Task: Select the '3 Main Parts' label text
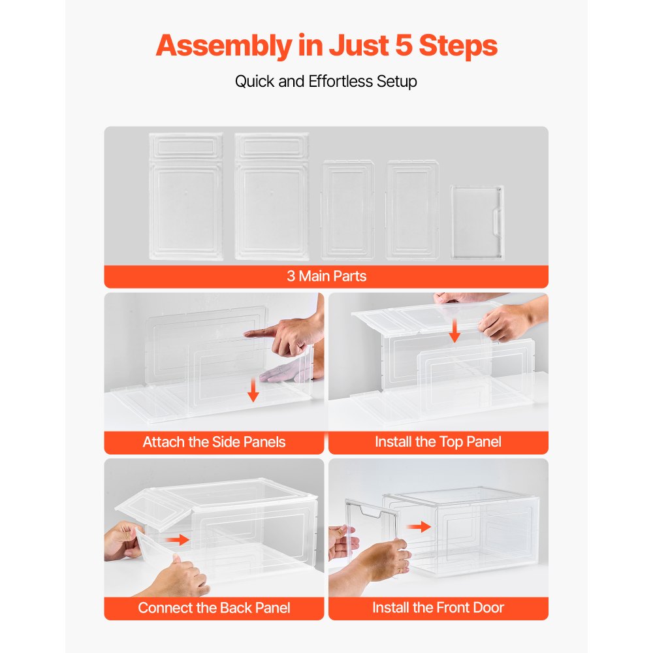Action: [326, 276]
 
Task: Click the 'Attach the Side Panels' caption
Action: [214, 442]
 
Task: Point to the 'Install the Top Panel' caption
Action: [438, 442]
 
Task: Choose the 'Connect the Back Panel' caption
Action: [214, 608]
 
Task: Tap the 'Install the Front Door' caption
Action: [438, 608]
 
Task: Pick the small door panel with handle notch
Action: [477, 222]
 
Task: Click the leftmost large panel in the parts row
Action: [186, 197]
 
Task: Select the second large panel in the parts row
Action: [272, 197]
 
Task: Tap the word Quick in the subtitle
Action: [255, 82]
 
